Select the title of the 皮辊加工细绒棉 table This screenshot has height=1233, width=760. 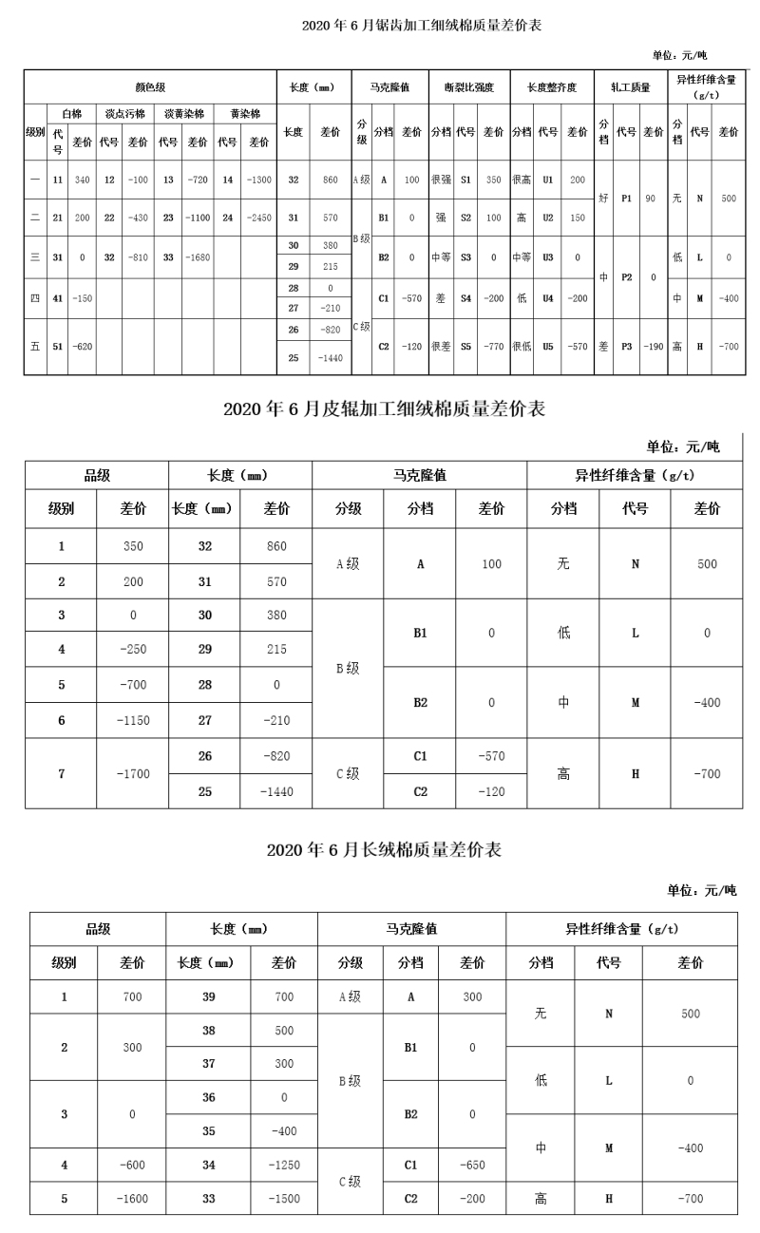pos(384,409)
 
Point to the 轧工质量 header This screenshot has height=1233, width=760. pos(630,87)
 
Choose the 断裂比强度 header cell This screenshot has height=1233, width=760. pos(469,87)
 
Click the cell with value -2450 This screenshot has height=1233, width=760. pos(258,218)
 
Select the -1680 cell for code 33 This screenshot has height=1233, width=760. pos(198,256)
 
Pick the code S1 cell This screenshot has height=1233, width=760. pos(465,179)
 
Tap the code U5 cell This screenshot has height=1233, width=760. pos(548,347)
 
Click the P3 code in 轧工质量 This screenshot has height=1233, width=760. pos(627,347)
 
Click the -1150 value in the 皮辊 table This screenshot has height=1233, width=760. pos(133,720)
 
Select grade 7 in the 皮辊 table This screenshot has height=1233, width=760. pos(61,773)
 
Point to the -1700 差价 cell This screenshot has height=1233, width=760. pos(133,773)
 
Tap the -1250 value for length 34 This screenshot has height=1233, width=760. pos(284,1164)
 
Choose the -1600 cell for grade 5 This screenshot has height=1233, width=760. pos(132,1198)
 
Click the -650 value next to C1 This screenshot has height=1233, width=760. pos(472,1164)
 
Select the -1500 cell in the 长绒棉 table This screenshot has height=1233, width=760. pos(284,1198)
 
